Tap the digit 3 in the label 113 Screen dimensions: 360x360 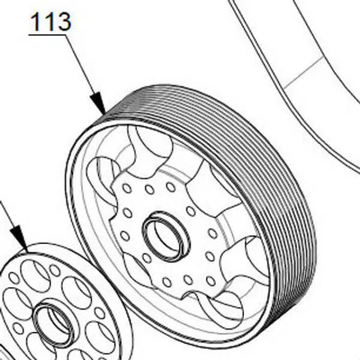coord(63,22)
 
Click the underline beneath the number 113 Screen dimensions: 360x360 coord(47,35)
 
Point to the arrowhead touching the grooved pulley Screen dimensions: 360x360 coord(98,103)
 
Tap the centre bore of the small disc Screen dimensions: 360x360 coord(54,324)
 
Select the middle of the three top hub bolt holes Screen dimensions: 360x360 coord(149,190)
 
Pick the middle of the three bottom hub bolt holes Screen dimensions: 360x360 coord(188,280)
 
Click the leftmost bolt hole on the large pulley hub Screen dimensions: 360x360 coord(125,236)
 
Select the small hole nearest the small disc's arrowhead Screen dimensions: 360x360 coord(14,278)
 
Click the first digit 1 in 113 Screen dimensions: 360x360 coord(36,22)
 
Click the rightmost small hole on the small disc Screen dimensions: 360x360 coord(100,313)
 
